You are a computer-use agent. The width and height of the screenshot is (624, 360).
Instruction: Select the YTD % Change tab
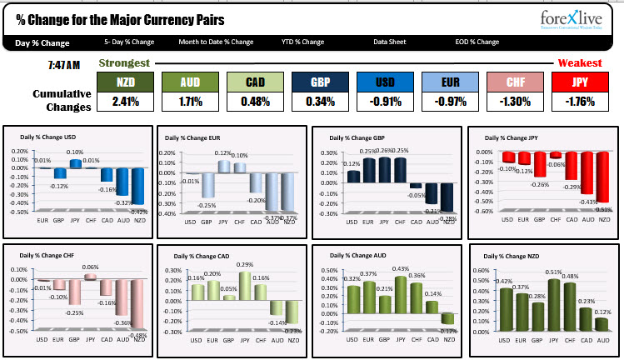302,42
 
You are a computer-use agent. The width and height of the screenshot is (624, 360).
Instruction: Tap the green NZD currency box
126,82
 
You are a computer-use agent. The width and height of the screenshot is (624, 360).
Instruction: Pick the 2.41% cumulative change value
126,102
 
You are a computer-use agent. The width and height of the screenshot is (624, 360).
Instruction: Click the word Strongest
124,63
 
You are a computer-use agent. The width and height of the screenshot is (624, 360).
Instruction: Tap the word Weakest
580,63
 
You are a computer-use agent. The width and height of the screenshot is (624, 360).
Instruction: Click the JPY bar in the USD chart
75,163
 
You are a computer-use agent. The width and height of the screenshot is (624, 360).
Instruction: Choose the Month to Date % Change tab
216,42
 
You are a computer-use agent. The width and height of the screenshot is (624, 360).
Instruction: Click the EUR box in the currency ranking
450,82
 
